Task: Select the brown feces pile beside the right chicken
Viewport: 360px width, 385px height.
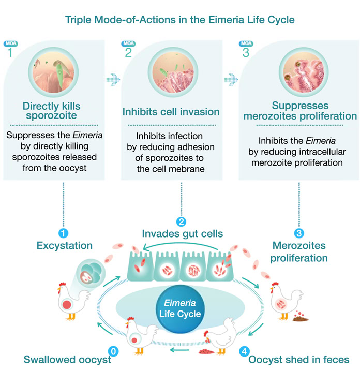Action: (x=299, y=316)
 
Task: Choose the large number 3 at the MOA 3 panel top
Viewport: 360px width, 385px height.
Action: (x=246, y=52)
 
